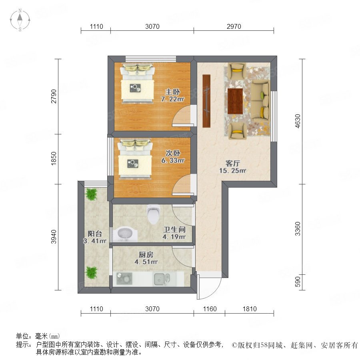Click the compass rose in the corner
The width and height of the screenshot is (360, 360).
[x=20, y=20]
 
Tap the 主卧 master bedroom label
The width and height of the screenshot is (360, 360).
[x=172, y=92]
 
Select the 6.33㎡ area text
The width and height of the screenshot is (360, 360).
[x=173, y=160]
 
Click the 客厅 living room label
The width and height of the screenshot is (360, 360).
[x=232, y=163]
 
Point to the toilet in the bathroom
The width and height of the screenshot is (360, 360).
[x=153, y=214]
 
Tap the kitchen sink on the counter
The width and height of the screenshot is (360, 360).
[x=162, y=279]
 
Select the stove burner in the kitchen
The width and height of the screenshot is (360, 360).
[x=124, y=278]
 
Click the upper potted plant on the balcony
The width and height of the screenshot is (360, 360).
[x=91, y=194]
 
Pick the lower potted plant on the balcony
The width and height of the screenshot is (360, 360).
[x=91, y=272]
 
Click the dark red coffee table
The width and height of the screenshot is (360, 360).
[x=235, y=101]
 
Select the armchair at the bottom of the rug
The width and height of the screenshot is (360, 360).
[x=237, y=131]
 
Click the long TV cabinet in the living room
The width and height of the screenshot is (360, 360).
[x=206, y=101]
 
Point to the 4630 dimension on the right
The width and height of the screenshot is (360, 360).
[x=298, y=121]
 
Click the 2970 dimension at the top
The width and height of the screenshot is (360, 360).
[x=234, y=27]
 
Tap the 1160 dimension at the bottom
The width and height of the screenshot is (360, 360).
[x=210, y=309]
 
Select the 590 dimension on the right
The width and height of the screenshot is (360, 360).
[x=298, y=282]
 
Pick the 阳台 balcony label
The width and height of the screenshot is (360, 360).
[x=94, y=234]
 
